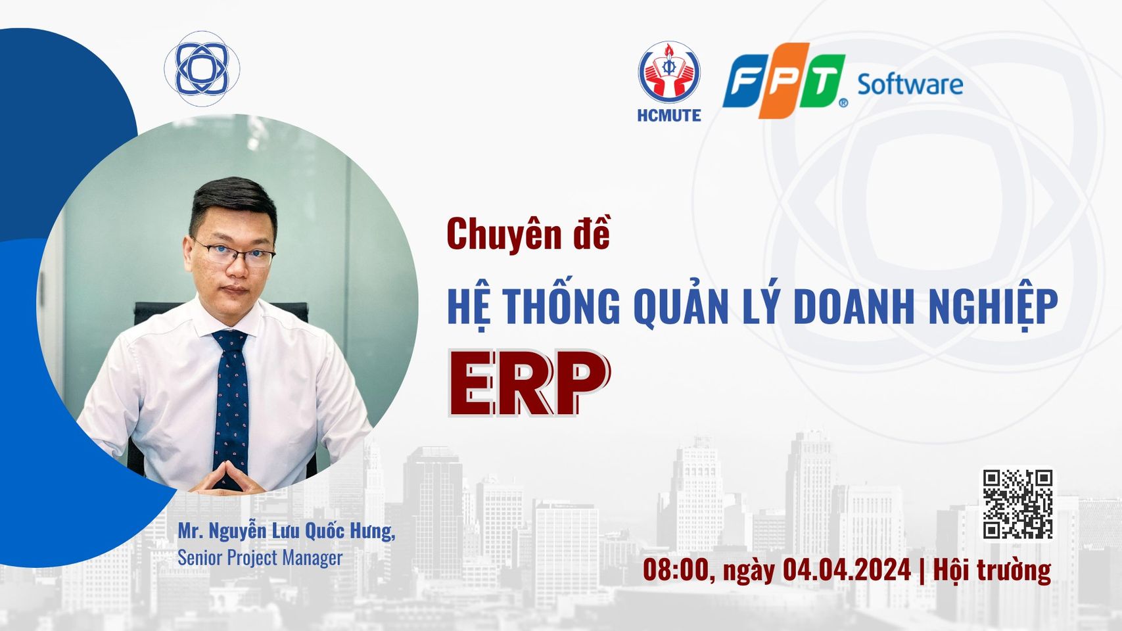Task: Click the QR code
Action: tap(1017, 504)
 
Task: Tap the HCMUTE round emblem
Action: tap(669, 72)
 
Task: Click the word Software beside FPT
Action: tap(910, 85)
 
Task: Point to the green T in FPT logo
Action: tap(822, 81)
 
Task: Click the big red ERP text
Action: tap(529, 383)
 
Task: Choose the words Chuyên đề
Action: tap(529, 235)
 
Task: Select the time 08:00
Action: tap(675, 570)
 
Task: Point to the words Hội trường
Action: tap(992, 571)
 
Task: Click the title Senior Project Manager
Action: tap(260, 557)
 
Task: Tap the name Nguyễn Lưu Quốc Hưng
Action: tap(301, 531)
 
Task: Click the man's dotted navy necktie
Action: tap(231, 408)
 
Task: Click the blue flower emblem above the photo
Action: tap(202, 68)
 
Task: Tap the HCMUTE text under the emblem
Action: tap(669, 116)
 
